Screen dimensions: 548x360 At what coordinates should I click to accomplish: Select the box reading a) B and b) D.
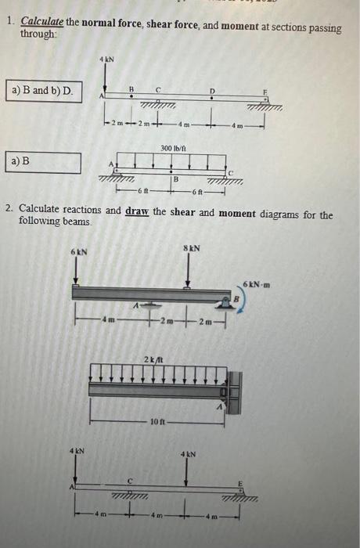click(43, 92)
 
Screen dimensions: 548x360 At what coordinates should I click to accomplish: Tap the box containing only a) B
click(43, 162)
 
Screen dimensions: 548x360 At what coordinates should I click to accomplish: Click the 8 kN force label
click(193, 248)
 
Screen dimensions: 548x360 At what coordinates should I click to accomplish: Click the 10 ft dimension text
click(157, 421)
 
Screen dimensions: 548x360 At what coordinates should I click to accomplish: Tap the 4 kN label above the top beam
click(106, 59)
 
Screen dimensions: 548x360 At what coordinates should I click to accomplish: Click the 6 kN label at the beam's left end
click(78, 252)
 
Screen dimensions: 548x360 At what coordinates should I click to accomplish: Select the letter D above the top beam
click(211, 92)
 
